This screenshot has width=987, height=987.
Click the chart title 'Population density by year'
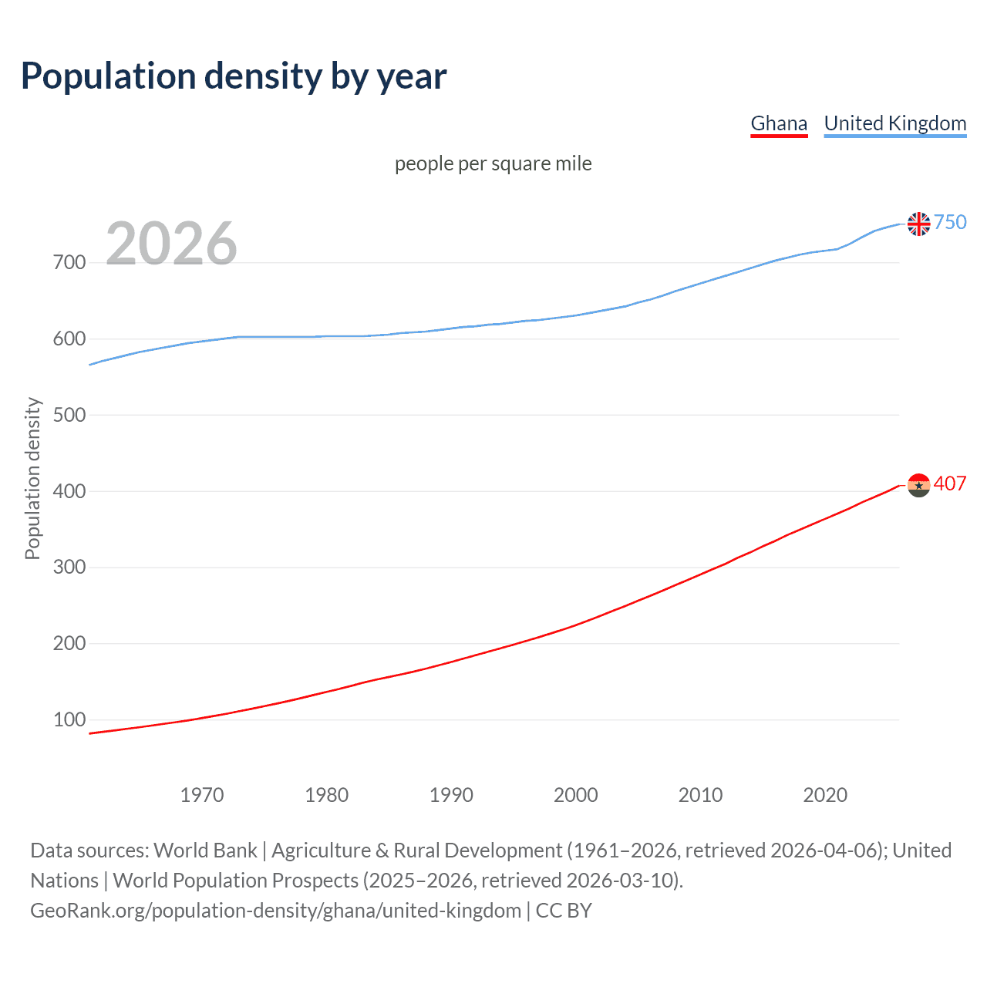click(234, 76)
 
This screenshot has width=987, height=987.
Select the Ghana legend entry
click(779, 123)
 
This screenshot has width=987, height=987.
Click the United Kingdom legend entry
click(894, 123)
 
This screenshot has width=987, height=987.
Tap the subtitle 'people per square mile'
click(493, 163)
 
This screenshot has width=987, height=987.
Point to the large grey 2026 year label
click(171, 244)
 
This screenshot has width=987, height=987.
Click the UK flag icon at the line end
click(918, 224)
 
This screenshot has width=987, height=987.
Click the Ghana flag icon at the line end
click(918, 485)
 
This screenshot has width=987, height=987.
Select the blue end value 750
click(950, 222)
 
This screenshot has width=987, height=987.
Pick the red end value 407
click(950, 483)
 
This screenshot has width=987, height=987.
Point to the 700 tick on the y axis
click(69, 263)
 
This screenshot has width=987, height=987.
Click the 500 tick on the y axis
click(69, 415)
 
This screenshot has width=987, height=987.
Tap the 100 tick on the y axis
click(69, 719)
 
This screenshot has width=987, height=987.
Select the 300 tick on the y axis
click(69, 568)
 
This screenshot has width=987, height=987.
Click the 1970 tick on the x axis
click(202, 795)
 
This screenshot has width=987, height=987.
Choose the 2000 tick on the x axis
click(576, 795)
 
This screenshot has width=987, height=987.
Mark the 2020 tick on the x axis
click(825, 795)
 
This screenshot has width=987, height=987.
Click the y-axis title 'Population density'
click(32, 478)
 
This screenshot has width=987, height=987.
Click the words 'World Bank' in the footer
click(205, 851)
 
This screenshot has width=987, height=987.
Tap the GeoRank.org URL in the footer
click(275, 911)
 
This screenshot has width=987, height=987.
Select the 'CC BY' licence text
click(564, 911)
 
